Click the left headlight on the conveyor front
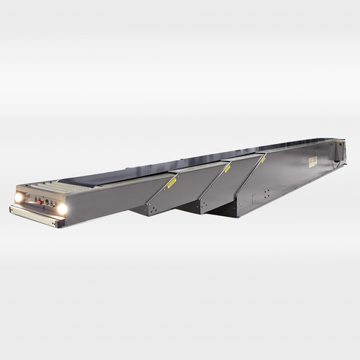19,197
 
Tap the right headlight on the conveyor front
62,208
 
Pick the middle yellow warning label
225,170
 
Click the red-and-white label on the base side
314,161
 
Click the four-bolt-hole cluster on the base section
266,193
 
